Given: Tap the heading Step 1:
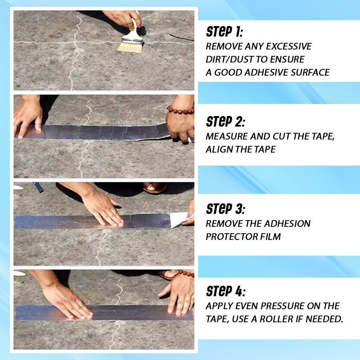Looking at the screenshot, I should click(225, 32).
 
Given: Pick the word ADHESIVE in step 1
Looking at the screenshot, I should click(268, 72).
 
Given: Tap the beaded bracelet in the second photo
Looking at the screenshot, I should click(180, 109).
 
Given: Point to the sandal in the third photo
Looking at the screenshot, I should click(155, 187).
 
